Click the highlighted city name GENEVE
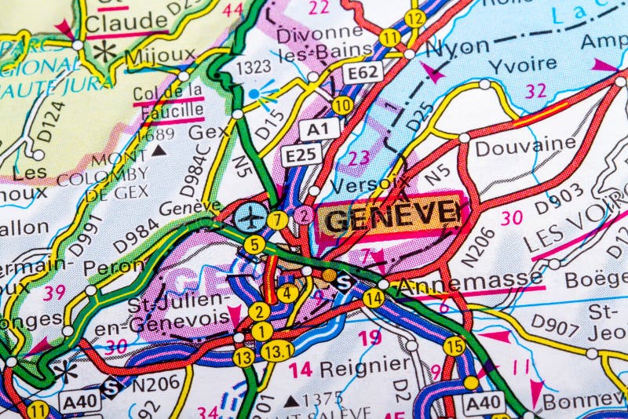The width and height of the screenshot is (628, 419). click(x=390, y=215)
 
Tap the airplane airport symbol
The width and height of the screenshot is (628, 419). click(x=250, y=217)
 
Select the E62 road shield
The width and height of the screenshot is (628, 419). click(x=363, y=73)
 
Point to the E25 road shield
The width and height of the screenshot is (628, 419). click(x=301, y=155)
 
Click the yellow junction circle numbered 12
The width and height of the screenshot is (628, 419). click(x=415, y=18)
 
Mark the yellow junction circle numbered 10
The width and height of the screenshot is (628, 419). click(x=341, y=104)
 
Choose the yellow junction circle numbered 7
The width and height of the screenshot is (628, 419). click(x=276, y=220)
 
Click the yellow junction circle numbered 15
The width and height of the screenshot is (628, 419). click(x=454, y=345)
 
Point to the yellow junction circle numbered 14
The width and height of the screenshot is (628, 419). click(x=374, y=297)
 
